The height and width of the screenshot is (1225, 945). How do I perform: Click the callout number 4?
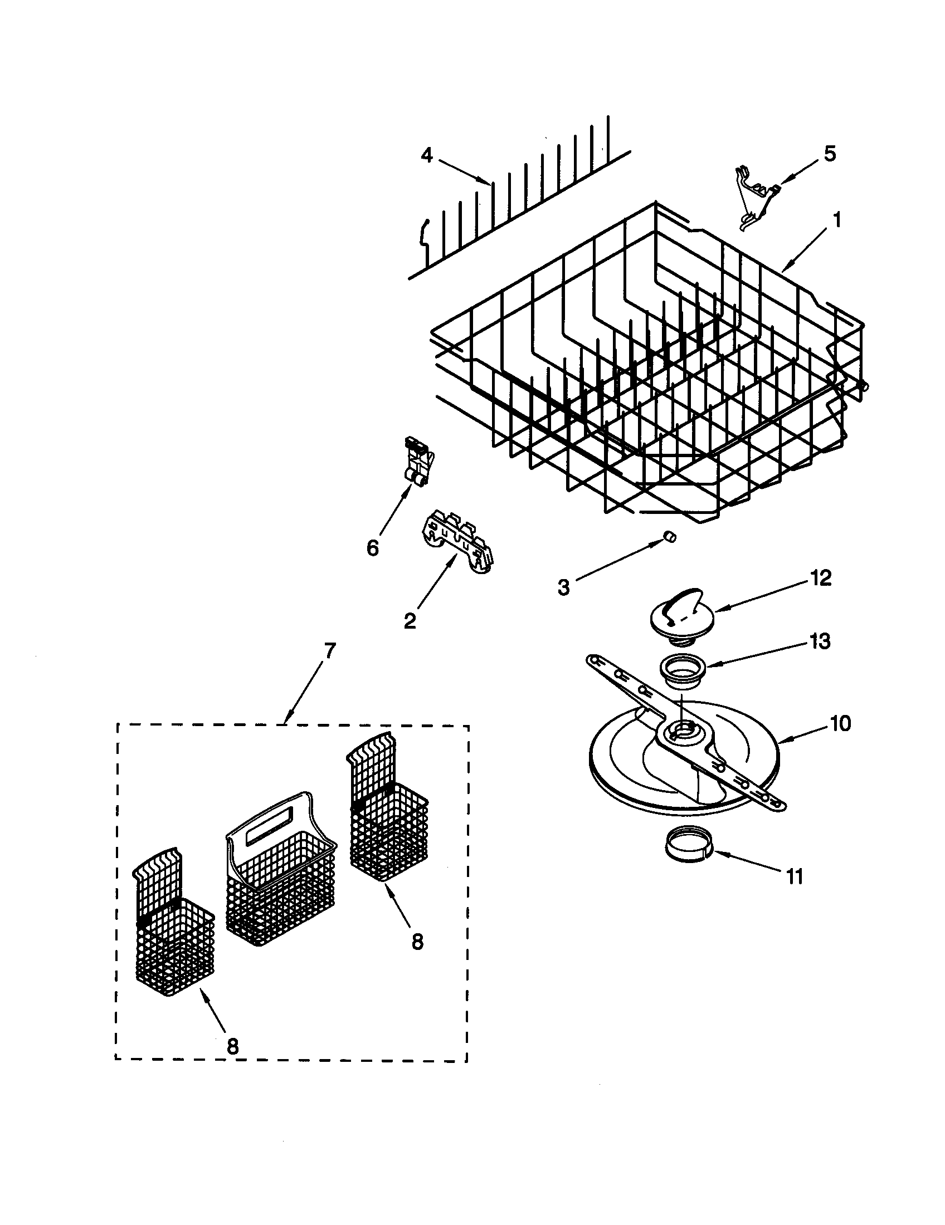[x=427, y=155]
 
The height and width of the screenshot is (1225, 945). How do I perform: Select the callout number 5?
[x=830, y=153]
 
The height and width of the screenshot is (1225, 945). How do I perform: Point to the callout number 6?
[x=373, y=547]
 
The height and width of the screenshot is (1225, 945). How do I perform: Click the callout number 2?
[x=410, y=620]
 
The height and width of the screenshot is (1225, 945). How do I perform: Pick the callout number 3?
[x=563, y=587]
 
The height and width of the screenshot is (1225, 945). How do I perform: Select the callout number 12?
[x=821, y=578]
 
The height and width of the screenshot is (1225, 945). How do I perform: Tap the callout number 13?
[x=820, y=640]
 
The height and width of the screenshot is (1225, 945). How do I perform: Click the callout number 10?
[x=841, y=723]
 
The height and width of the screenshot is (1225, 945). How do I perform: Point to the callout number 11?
[x=794, y=876]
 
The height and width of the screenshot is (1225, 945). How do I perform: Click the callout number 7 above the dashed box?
[x=329, y=650]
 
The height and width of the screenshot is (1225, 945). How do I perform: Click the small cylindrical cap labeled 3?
[x=669, y=536]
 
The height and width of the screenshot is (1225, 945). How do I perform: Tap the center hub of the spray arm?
[x=681, y=730]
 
